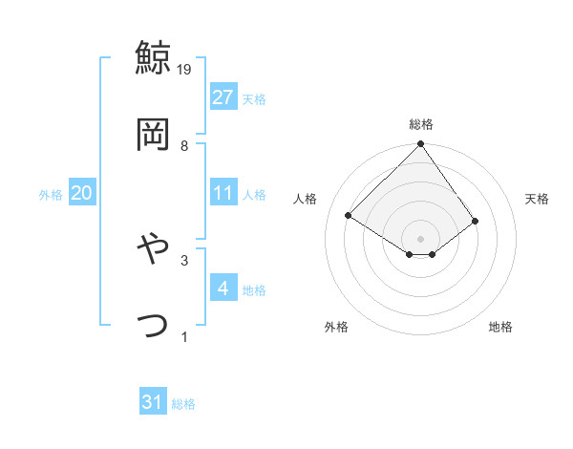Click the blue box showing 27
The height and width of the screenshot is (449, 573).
click(223, 97)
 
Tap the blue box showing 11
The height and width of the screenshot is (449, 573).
click(223, 193)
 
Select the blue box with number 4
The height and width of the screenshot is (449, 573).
click(223, 288)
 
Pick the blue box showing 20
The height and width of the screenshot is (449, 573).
click(81, 193)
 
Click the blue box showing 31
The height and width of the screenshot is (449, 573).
click(153, 402)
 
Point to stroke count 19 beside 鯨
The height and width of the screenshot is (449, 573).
click(184, 69)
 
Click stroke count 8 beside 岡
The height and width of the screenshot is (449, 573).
click(184, 145)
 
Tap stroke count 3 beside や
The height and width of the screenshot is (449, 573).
click(184, 259)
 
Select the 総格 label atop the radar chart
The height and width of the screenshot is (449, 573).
click(421, 124)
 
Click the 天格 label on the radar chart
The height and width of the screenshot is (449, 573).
click(538, 199)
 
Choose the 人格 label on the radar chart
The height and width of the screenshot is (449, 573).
click(306, 199)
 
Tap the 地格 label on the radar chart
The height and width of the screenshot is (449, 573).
click(500, 327)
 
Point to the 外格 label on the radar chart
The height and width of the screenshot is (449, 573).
click(336, 327)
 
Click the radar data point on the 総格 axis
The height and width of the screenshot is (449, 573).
click(420, 145)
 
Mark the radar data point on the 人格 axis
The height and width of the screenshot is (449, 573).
click(349, 216)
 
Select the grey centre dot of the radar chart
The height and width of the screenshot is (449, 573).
click(420, 238)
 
